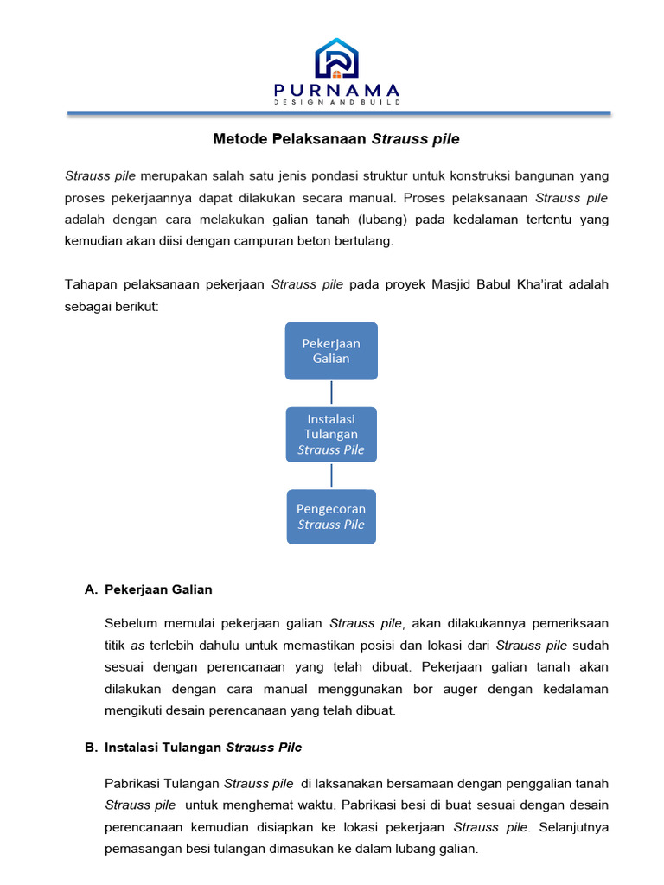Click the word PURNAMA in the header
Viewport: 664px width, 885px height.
click(336, 90)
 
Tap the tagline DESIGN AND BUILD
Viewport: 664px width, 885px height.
click(336, 102)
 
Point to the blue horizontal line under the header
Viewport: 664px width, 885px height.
click(339, 113)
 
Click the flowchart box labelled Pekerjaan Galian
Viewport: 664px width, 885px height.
click(331, 351)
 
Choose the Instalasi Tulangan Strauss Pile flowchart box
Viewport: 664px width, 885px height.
click(331, 435)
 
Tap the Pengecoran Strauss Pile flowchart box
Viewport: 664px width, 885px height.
click(331, 517)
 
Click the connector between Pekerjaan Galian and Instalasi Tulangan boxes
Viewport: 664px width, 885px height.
click(331, 393)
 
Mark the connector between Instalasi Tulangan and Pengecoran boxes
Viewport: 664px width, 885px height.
click(331, 476)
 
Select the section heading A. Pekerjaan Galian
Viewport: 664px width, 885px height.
click(149, 589)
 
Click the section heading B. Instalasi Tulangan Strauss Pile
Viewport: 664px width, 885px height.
click(194, 747)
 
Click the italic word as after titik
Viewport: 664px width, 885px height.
click(137, 646)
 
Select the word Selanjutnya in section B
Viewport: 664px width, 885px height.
click(574, 826)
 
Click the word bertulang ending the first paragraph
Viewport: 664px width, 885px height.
click(365, 241)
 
